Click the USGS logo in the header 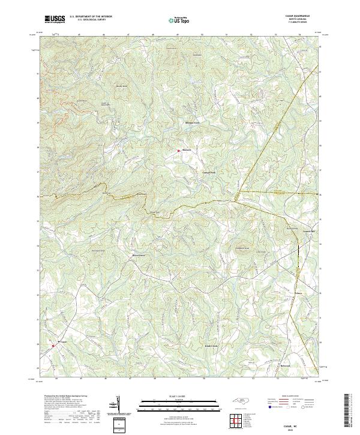(x=55, y=19)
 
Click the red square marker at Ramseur (x=178, y=151)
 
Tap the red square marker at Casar (x=53, y=346)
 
